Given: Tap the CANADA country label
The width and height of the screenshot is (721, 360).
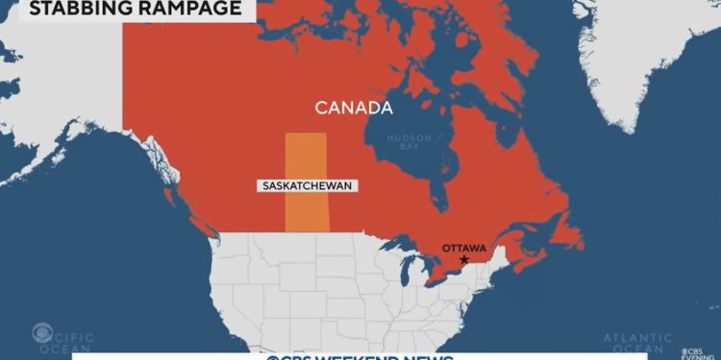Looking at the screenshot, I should point(354,107).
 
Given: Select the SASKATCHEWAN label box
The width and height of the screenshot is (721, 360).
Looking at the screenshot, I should point(305,184).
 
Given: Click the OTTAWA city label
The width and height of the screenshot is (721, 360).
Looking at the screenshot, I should point(463,248).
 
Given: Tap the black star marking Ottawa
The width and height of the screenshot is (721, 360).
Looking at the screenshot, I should point(464,260).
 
